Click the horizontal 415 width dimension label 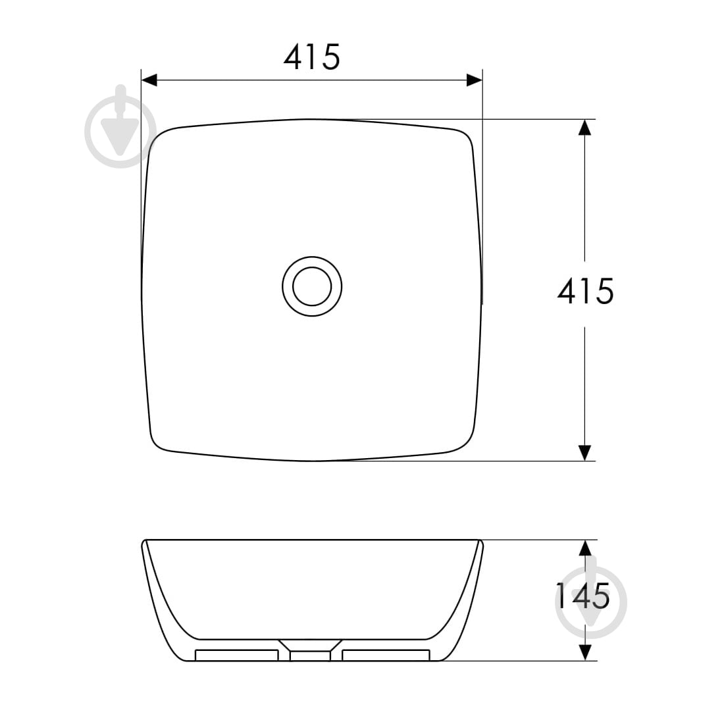(312, 57)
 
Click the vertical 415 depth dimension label (586, 292)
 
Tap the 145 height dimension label (582, 596)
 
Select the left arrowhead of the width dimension (149, 80)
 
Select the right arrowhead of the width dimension (475, 80)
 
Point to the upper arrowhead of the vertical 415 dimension (584, 128)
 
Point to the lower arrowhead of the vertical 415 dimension (584, 453)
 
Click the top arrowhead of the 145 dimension (585, 548)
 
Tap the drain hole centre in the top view (312, 286)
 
